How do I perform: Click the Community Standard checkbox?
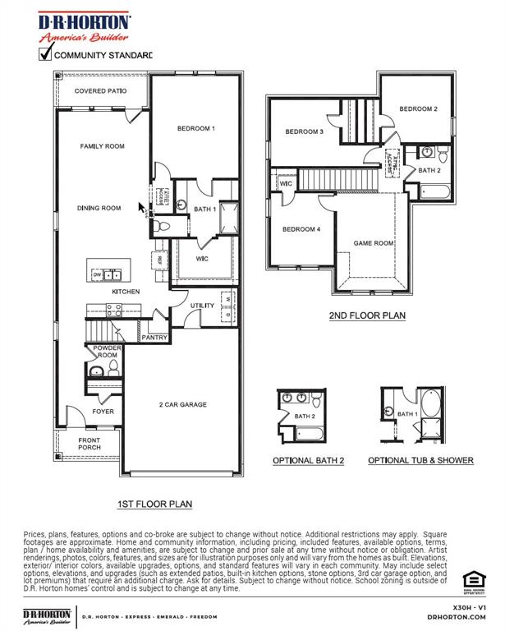point(45,55)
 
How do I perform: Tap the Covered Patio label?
point(100,90)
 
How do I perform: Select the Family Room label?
point(102,145)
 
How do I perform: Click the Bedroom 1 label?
point(195,128)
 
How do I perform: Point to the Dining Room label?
point(99,209)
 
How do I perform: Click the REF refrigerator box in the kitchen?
point(159,260)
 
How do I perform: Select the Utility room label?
point(202,306)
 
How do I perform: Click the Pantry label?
point(154,338)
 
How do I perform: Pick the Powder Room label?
point(108,352)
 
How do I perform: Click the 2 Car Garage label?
point(182,404)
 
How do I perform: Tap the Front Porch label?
point(89,443)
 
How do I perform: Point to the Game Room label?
point(374,243)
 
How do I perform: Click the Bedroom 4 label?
point(301,229)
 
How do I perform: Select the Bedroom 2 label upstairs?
point(418,108)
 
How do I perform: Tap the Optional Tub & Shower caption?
point(420,460)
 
